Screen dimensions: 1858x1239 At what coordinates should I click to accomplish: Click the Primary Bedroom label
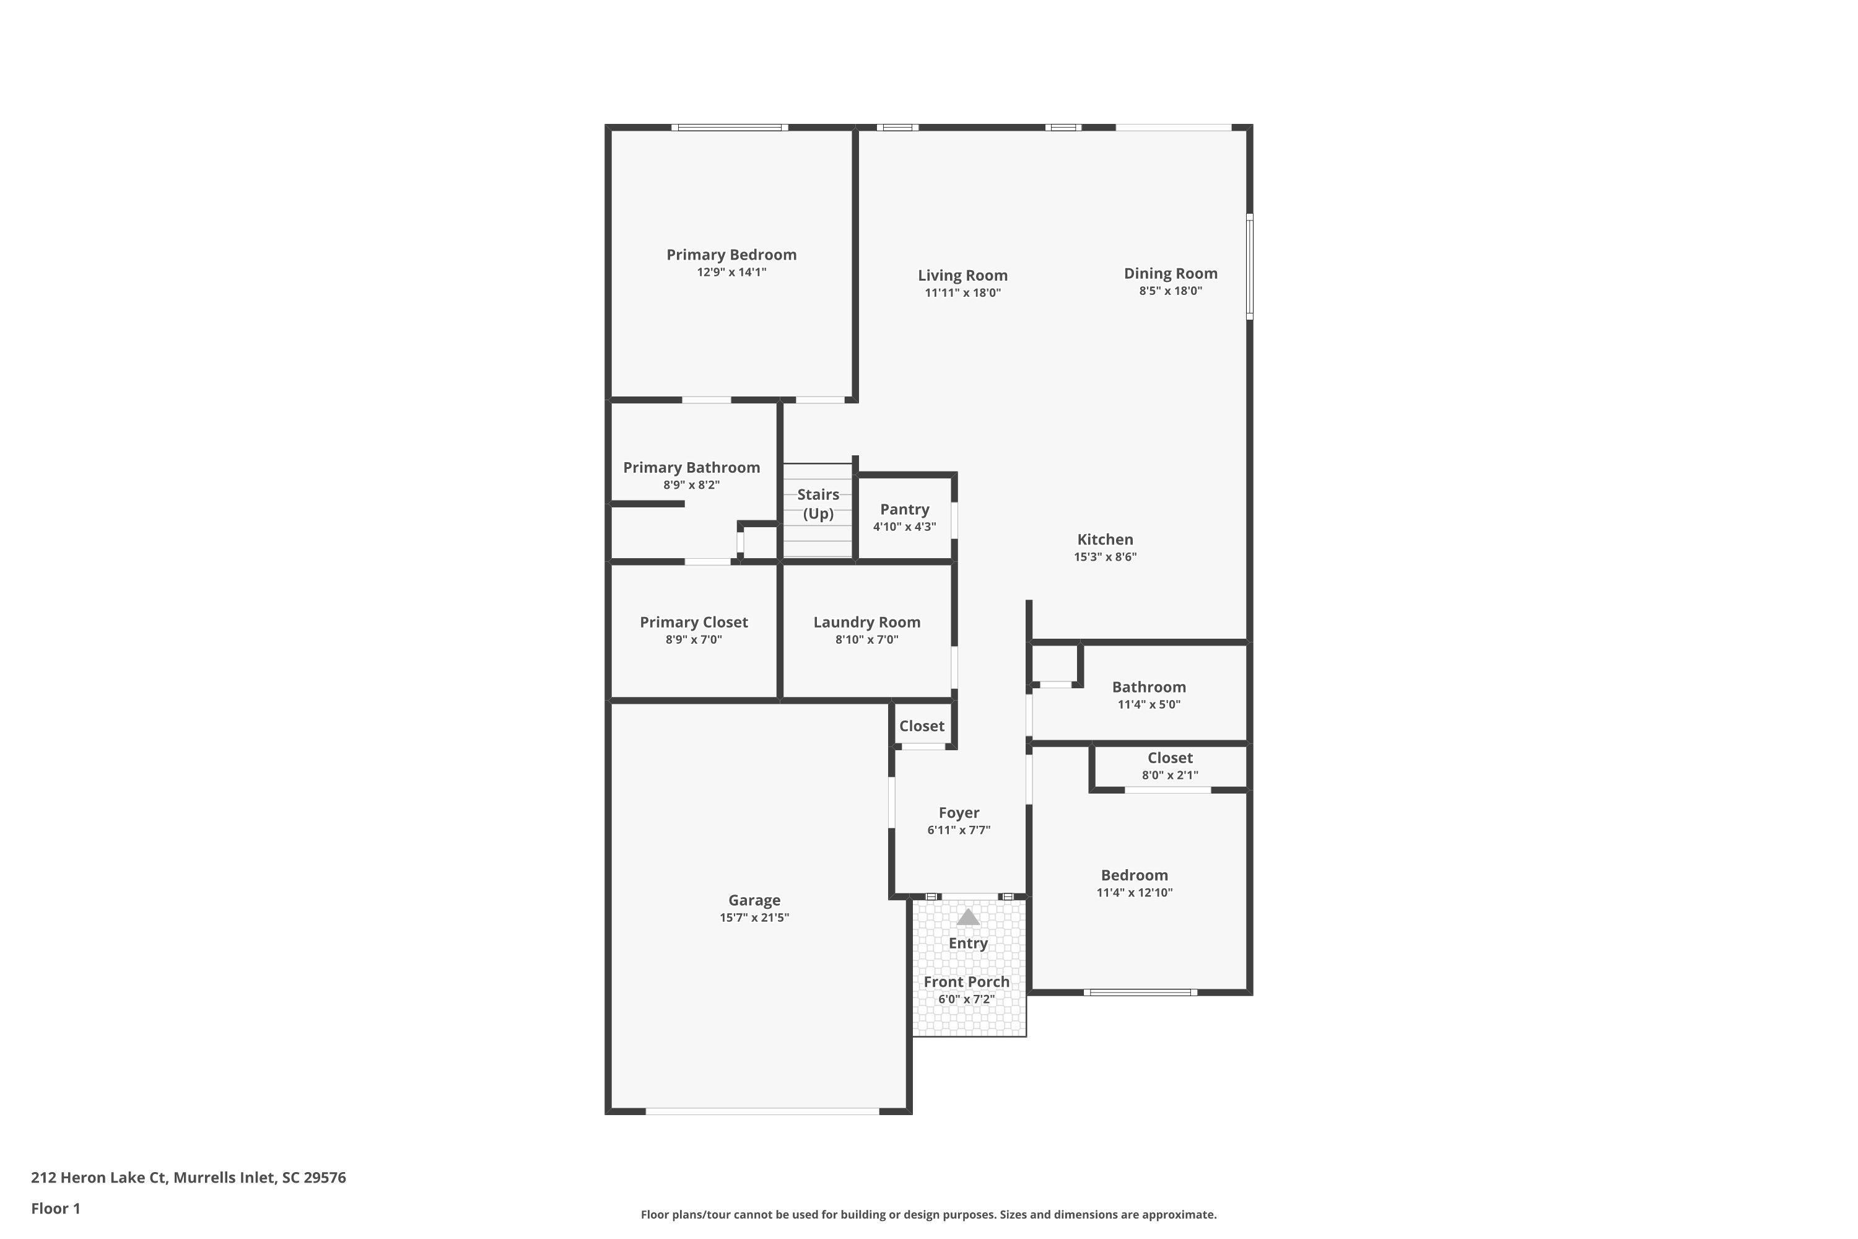[731, 255]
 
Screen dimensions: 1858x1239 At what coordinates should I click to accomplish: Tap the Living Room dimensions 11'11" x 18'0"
[962, 292]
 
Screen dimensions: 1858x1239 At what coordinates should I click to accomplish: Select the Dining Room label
[1170, 273]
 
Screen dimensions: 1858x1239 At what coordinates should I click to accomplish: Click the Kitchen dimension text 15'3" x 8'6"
[1104, 556]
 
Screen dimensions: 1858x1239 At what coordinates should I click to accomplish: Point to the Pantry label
[904, 510]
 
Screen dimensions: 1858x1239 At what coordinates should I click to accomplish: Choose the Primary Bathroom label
[691, 467]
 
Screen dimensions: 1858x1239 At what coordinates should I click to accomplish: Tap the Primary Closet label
[694, 622]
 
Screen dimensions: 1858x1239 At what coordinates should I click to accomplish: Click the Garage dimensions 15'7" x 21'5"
[754, 917]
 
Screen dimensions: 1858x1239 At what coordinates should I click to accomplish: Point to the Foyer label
[958, 812]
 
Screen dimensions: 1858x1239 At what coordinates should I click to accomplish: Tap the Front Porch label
[966, 981]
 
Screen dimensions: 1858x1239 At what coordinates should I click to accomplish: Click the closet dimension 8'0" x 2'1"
[1169, 775]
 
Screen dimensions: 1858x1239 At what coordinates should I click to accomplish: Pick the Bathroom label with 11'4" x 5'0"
[1149, 686]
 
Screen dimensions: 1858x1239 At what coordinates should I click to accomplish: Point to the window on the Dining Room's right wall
[1249, 266]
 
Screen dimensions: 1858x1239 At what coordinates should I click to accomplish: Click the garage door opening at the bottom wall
[762, 1111]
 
